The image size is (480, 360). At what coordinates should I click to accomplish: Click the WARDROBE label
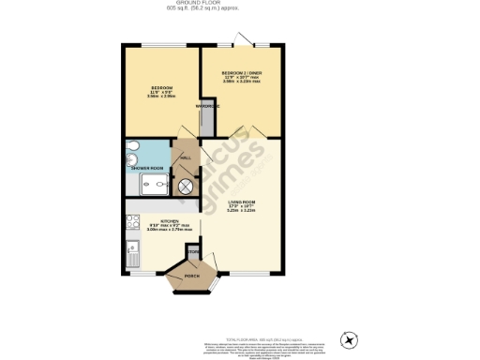[x=207, y=106]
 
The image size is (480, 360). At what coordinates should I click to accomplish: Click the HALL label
[x=185, y=158]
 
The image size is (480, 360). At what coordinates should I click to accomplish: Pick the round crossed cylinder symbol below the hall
[x=185, y=185]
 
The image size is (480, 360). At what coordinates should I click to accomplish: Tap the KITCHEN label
[x=162, y=221]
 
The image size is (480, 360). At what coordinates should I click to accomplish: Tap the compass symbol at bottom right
[x=352, y=339]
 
